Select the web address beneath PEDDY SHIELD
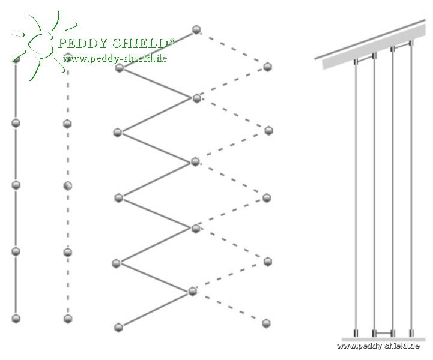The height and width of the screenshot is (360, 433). (115, 58)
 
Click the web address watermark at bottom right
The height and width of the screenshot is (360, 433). (378, 346)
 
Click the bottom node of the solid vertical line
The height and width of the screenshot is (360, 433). (16, 318)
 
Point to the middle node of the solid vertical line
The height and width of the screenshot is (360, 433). (16, 185)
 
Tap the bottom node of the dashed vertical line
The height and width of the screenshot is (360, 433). (68, 319)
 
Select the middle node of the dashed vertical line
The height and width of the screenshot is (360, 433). (68, 185)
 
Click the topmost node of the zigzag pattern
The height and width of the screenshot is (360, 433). (196, 29)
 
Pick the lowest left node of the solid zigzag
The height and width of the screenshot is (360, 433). (118, 327)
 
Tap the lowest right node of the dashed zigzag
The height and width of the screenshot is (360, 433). (267, 323)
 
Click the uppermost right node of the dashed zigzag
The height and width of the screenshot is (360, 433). (268, 67)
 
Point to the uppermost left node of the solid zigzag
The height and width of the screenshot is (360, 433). (120, 68)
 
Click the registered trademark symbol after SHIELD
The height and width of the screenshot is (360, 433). (172, 40)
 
